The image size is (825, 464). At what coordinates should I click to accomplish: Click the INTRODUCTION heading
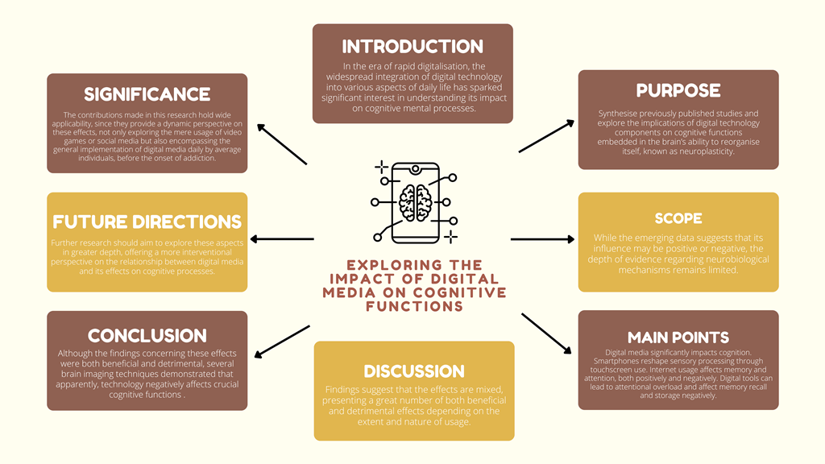point(412,46)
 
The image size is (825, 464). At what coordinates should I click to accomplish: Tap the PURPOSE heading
point(678,90)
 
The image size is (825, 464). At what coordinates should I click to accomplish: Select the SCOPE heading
point(678,218)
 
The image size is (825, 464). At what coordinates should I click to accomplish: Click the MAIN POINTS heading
point(678,337)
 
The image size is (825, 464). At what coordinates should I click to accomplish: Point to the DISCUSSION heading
point(413,371)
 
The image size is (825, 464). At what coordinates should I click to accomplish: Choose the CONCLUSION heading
point(147,335)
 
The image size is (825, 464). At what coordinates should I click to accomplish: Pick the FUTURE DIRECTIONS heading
point(147,221)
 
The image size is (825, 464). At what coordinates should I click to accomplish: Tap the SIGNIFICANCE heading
point(147,94)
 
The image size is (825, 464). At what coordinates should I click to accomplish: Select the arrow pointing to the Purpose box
point(546,136)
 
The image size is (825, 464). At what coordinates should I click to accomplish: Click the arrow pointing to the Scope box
point(542,239)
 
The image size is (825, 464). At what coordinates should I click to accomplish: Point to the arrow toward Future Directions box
point(282,239)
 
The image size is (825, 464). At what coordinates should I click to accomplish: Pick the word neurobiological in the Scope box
point(710,259)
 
